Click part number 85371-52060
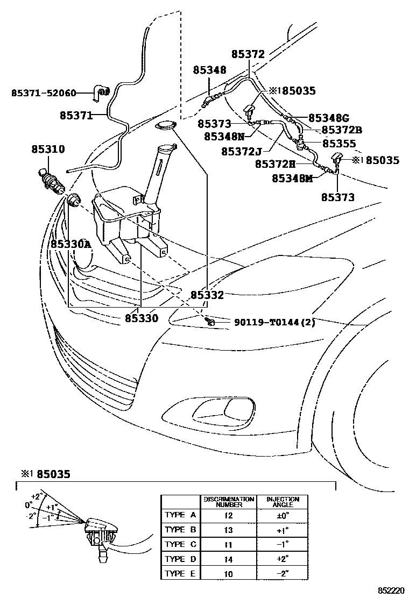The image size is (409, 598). click(x=44, y=93)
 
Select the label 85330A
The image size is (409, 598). click(x=71, y=245)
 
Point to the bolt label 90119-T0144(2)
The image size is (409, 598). click(x=274, y=322)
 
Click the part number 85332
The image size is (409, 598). click(x=207, y=295)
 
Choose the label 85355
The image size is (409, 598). click(x=339, y=144)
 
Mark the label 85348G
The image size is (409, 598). click(x=329, y=118)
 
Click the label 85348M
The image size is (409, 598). click(x=292, y=178)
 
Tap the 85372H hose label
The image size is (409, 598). click(x=275, y=164)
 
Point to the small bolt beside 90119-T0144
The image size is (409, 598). click(x=210, y=322)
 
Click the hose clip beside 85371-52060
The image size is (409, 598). click(x=102, y=92)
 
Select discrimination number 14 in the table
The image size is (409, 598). click(x=229, y=559)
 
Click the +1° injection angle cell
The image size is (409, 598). click(x=283, y=530)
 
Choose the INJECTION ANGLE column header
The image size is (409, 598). click(x=283, y=502)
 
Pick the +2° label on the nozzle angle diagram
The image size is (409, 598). click(x=37, y=496)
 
